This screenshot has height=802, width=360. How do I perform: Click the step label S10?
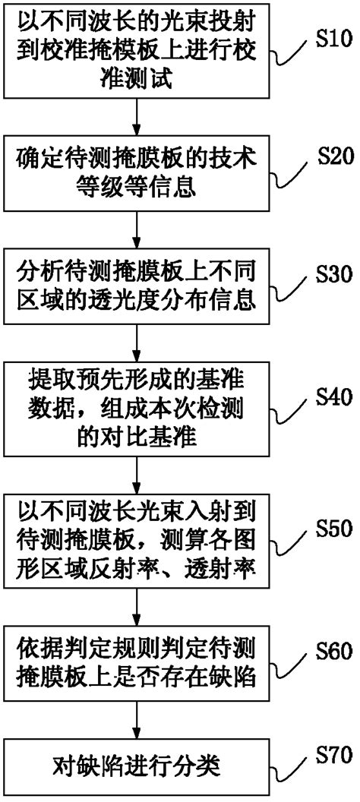pyautogui.click(x=333, y=40)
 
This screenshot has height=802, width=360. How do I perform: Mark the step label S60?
pyautogui.click(x=333, y=651)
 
